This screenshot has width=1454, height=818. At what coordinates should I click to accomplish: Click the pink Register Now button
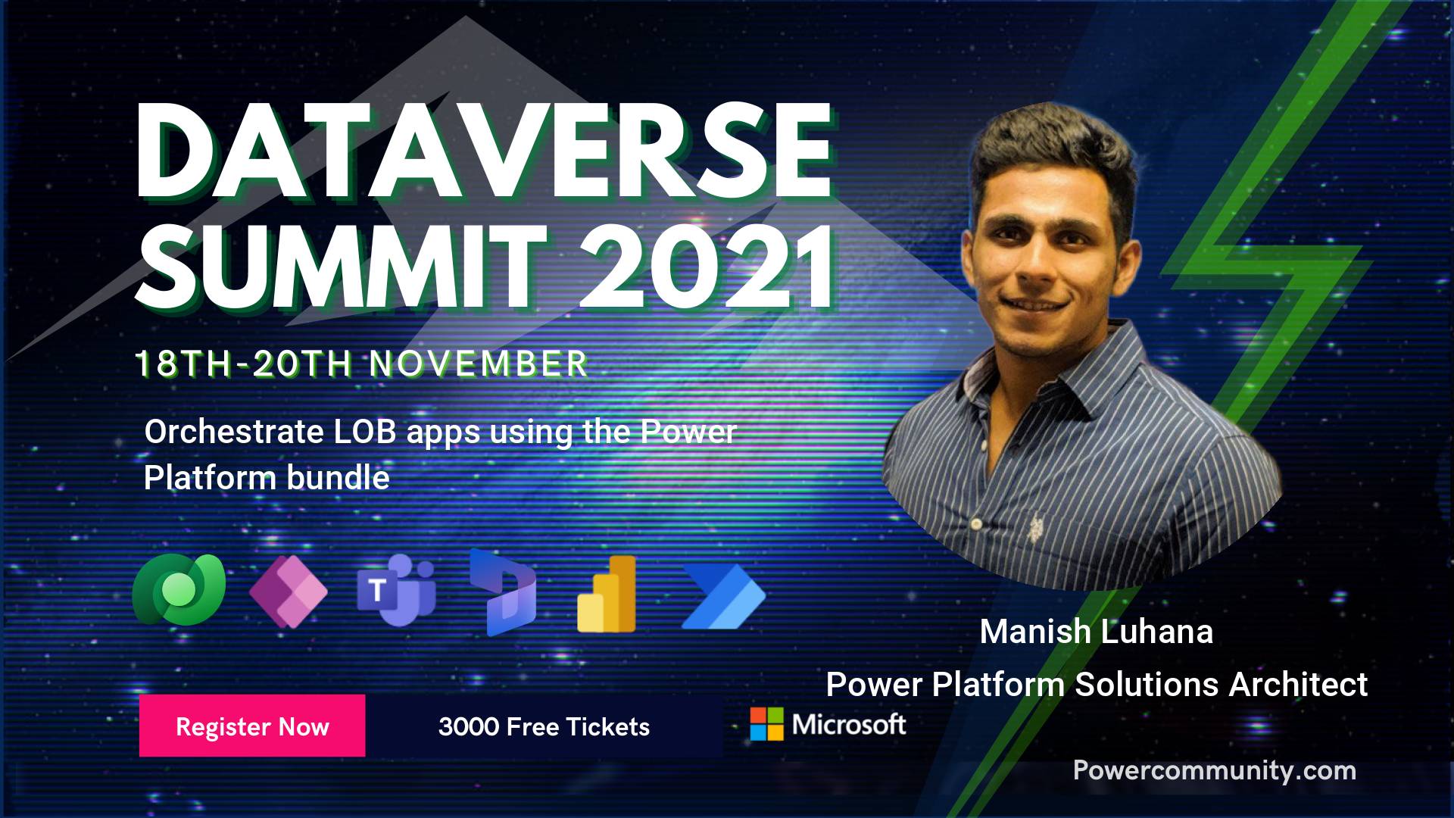click(252, 726)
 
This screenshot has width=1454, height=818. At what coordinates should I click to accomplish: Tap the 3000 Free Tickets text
click(544, 727)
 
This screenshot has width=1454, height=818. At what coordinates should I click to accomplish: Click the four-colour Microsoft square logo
click(766, 724)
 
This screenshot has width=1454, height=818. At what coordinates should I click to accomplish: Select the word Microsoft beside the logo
click(849, 725)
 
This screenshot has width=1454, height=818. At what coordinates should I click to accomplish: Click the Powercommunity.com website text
click(1215, 771)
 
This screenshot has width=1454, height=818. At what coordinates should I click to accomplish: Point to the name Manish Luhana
click(1097, 632)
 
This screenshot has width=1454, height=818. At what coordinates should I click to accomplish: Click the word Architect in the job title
click(1298, 685)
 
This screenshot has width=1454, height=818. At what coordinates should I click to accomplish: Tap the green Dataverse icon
click(179, 589)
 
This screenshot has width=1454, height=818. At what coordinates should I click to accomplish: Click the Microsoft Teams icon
click(396, 590)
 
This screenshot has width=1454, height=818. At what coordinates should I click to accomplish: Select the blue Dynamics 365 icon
click(503, 592)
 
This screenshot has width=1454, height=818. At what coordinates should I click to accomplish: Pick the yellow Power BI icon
click(607, 594)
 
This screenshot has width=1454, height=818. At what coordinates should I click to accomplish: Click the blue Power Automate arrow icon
click(724, 597)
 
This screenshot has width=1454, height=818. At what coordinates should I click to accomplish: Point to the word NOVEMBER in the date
click(479, 364)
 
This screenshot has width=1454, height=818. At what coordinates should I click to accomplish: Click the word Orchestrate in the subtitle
click(234, 432)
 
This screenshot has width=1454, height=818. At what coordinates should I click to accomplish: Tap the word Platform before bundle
click(210, 478)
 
